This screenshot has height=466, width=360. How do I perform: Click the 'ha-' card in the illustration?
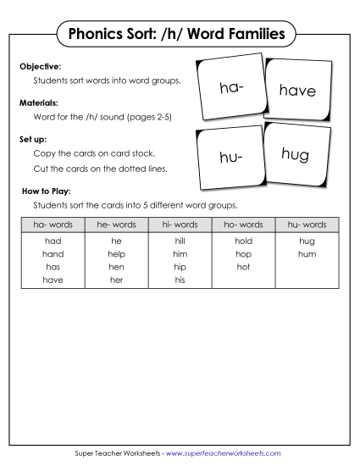(x=231, y=88)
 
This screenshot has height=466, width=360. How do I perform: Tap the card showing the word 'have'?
(x=296, y=89)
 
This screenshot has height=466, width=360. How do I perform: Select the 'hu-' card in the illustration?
(x=230, y=157)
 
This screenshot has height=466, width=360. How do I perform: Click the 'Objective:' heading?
(x=40, y=65)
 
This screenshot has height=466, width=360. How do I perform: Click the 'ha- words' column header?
(x=53, y=225)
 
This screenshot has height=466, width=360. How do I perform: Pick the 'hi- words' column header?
(x=180, y=225)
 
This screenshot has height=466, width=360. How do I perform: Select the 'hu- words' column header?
(x=307, y=225)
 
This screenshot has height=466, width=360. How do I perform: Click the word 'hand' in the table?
(x=53, y=254)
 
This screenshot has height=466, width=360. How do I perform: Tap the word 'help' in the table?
(x=116, y=254)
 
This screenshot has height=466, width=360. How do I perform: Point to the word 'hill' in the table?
(x=180, y=241)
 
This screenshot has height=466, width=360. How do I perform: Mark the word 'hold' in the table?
(x=243, y=241)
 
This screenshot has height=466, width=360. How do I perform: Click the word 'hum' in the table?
(x=307, y=254)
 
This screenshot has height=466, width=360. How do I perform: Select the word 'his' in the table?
(x=180, y=280)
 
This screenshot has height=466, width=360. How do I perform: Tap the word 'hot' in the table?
(x=243, y=267)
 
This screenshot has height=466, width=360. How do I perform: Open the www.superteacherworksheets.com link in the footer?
(x=224, y=453)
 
